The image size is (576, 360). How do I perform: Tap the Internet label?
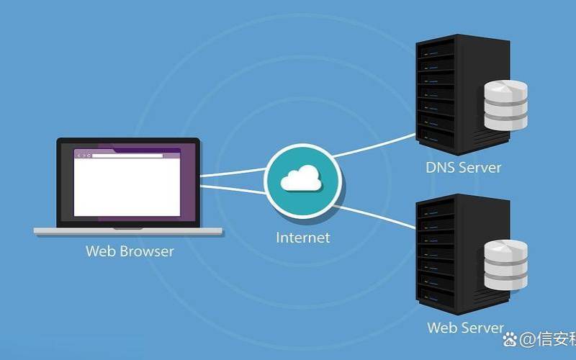(302, 237)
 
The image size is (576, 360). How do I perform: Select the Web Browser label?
(130, 251)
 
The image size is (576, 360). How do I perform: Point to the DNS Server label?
(463, 168)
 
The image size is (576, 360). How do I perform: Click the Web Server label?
(465, 328)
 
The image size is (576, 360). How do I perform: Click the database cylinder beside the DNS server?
(505, 105)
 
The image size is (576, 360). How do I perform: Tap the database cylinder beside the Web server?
(505, 266)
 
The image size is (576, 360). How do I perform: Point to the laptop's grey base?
(128, 231)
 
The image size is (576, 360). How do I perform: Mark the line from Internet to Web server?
(374, 214)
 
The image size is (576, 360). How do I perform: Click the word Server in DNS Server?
(480, 168)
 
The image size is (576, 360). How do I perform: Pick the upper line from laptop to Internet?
(232, 173)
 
